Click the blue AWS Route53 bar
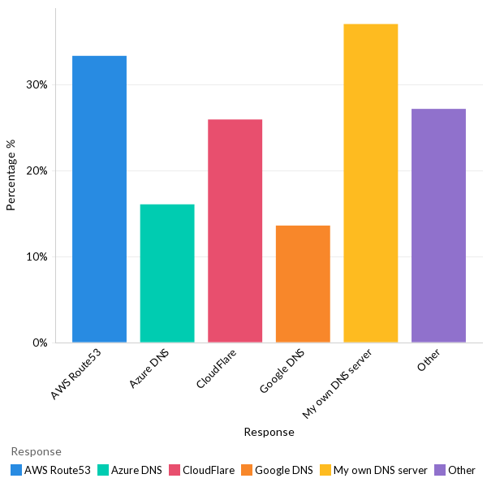(x=99, y=199)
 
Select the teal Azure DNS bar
(x=167, y=273)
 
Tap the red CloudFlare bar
(x=235, y=231)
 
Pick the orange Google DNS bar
(x=303, y=283)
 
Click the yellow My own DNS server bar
(x=370, y=183)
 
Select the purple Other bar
(x=438, y=225)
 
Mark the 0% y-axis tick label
(x=40, y=343)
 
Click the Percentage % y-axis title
(x=11, y=175)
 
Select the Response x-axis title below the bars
(x=269, y=433)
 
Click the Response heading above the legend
(x=36, y=451)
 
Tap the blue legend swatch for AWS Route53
(x=16, y=470)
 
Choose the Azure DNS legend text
(x=136, y=470)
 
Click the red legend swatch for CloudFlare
(x=175, y=470)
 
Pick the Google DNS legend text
(x=283, y=470)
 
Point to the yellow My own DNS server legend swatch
(x=325, y=470)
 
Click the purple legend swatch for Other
(x=440, y=470)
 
